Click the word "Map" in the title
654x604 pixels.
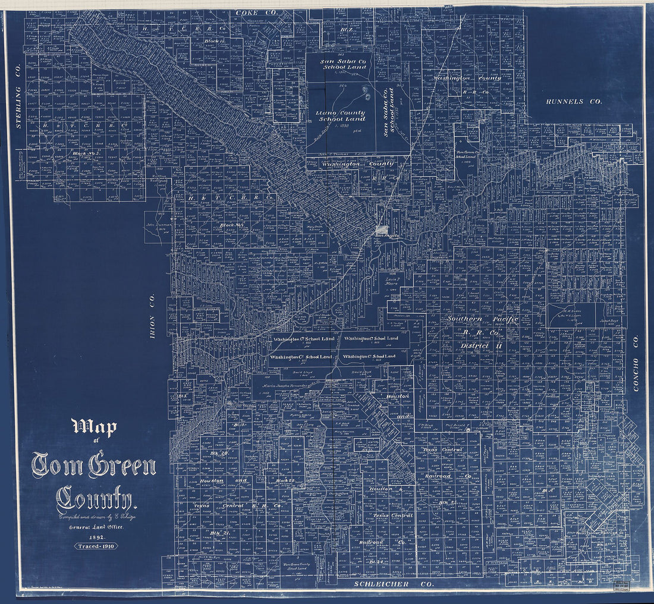click(x=94, y=427)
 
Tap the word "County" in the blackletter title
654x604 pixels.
click(x=95, y=499)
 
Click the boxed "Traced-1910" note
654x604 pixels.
click(x=96, y=546)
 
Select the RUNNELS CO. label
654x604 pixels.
click(x=574, y=102)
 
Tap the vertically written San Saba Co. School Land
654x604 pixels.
click(x=389, y=113)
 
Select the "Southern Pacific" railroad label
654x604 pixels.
click(x=482, y=319)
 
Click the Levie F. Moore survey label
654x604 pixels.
click(x=391, y=281)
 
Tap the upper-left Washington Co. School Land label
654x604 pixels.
click(x=303, y=339)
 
